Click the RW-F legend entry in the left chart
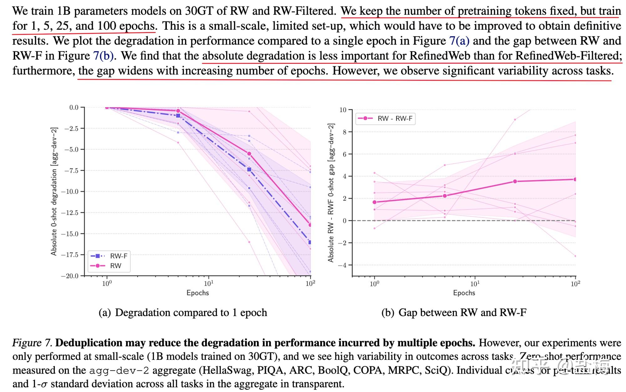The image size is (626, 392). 118,256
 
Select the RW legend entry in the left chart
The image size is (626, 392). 115,266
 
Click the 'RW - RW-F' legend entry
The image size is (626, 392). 395,118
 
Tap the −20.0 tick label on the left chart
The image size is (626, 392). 70,276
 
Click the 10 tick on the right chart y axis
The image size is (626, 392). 343,110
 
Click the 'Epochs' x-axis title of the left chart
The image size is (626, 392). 198,293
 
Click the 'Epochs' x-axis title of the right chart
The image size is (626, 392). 464,293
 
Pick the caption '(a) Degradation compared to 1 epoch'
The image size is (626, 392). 183,313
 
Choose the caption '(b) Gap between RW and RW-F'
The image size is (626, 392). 454,313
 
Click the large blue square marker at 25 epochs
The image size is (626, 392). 249,169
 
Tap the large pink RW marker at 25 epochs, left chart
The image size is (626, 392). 249,154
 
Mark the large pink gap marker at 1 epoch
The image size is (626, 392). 374,202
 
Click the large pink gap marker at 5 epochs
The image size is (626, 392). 444,196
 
